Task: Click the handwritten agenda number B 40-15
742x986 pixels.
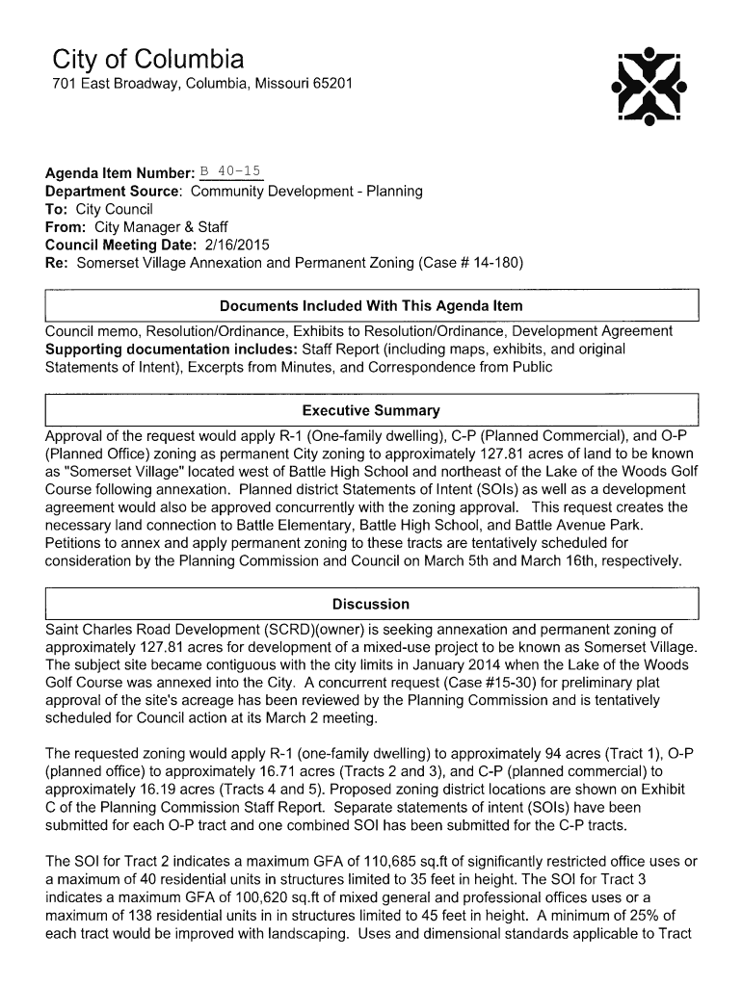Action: (x=230, y=172)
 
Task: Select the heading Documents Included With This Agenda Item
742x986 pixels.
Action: (x=371, y=306)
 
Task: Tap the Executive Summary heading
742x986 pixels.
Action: (x=371, y=410)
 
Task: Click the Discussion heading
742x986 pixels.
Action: (x=371, y=604)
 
